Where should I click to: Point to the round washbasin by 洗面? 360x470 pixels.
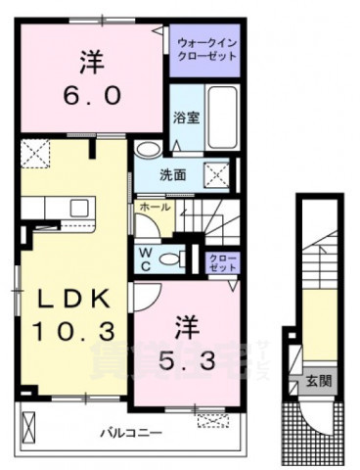pos(146,150)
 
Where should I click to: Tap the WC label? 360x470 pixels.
pos(143,257)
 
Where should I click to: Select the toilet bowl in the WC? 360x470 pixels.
pos(173,259)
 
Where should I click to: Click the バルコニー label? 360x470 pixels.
pos(127,431)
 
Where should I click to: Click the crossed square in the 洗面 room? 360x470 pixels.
pos(215,174)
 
